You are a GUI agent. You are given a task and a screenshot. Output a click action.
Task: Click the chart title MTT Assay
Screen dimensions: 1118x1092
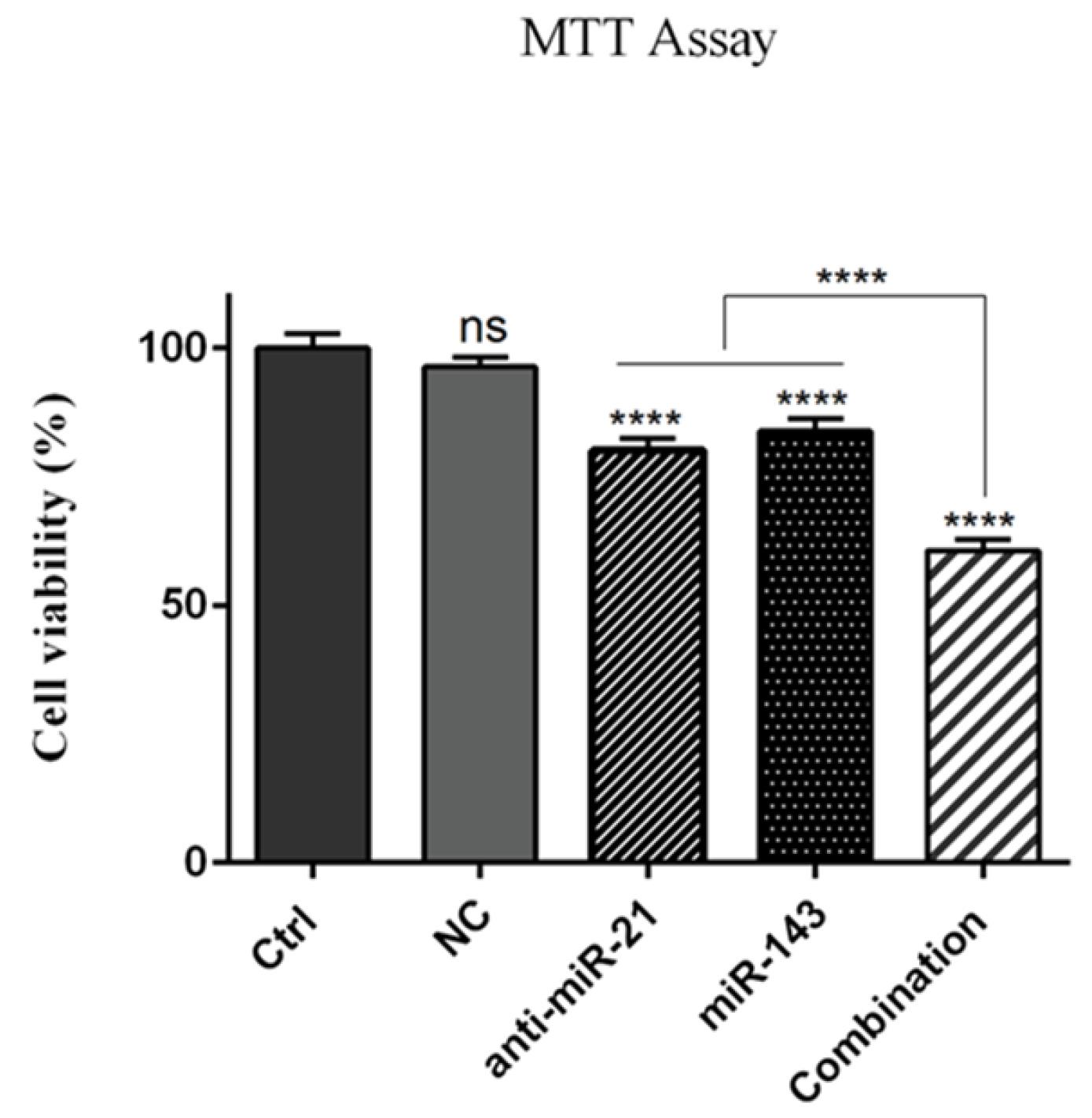tap(648, 39)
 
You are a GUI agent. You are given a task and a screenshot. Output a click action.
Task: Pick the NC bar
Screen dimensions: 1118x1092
tap(480, 613)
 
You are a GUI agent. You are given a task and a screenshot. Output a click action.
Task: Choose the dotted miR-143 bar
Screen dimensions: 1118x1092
tap(815, 645)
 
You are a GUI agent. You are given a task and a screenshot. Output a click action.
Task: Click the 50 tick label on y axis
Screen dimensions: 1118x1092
tap(186, 605)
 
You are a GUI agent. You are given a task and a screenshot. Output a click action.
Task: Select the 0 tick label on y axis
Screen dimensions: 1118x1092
tap(197, 862)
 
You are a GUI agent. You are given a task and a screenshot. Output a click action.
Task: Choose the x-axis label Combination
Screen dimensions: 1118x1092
tap(888, 1006)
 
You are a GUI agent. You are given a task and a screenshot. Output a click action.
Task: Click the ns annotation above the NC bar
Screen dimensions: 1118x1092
tap(483, 328)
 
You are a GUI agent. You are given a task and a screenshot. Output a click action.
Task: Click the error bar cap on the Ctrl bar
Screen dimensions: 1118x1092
tap(313, 334)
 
